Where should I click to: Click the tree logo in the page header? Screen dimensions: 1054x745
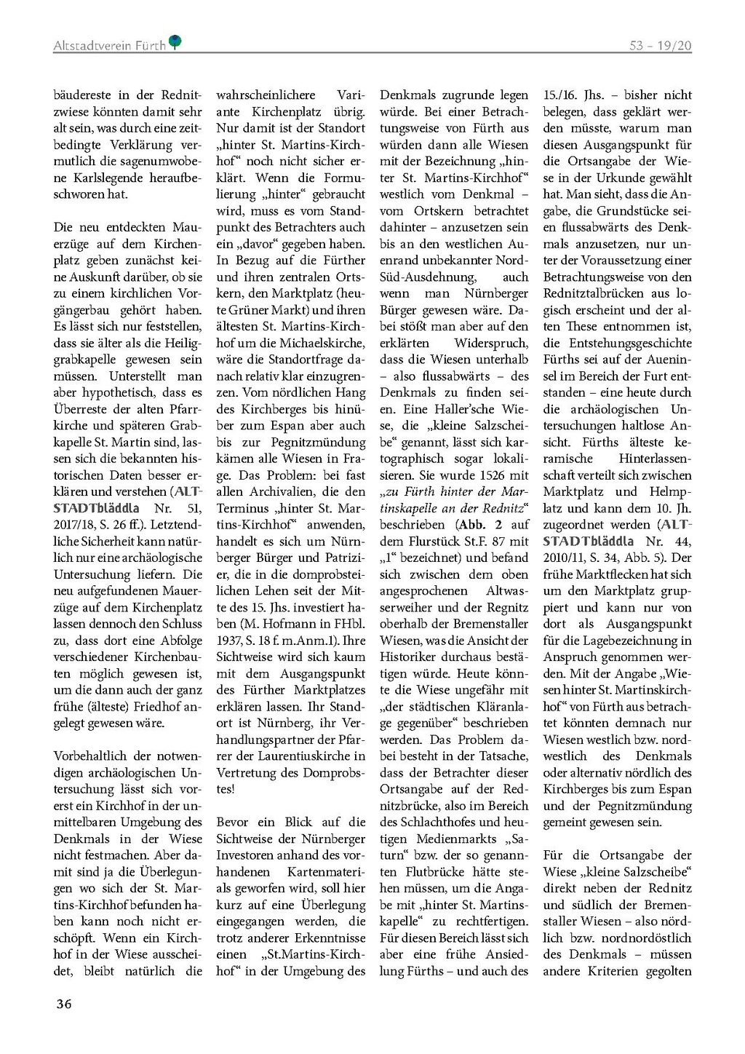point(175,43)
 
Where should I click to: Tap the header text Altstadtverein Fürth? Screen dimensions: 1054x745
point(109,46)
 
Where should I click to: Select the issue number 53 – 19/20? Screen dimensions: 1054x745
point(661,46)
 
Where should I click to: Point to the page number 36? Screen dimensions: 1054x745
point(63,1004)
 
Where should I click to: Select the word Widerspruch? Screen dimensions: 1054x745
point(491,344)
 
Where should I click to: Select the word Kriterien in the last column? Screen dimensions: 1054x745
point(615,971)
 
